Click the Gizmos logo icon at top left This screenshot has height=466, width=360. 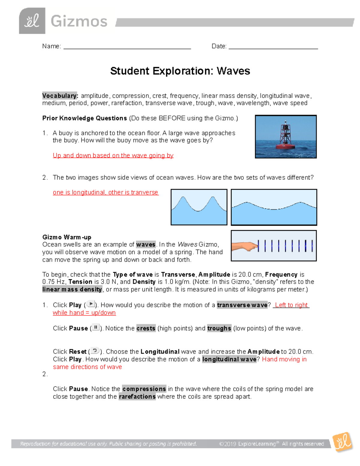pyautogui.click(x=32, y=21)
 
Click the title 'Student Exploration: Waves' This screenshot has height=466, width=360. pyautogui.click(x=180, y=71)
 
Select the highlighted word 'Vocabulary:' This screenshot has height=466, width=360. pyautogui.click(x=60, y=96)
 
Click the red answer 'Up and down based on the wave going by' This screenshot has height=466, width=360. pyautogui.click(x=113, y=155)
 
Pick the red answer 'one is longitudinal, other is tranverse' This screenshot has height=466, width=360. pyautogui.click(x=105, y=192)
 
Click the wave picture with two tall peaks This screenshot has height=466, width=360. pyautogui.click(x=199, y=207)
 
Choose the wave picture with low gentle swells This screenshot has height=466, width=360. pyautogui.click(x=274, y=207)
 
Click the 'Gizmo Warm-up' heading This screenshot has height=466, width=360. pyautogui.click(x=67, y=237)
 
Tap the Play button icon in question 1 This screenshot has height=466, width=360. pyautogui.click(x=91, y=304)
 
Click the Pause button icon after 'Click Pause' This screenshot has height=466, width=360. pyautogui.click(x=96, y=327)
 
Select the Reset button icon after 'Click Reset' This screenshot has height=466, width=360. pyautogui.click(x=95, y=350)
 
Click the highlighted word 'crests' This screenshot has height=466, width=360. pyautogui.click(x=146, y=328)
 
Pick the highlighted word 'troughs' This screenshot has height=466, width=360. pyautogui.click(x=219, y=328)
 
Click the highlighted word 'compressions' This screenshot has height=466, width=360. pyautogui.click(x=144, y=389)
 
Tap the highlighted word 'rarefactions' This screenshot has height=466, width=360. pyautogui.click(x=137, y=397)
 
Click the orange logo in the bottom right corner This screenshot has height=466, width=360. pyautogui.click(x=342, y=441)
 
